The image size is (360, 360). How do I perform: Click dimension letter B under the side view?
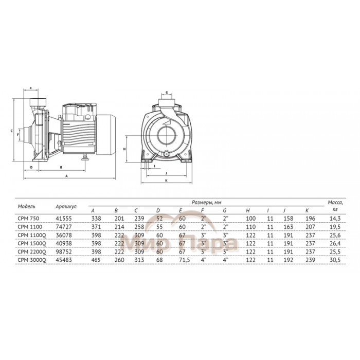tap(61, 168)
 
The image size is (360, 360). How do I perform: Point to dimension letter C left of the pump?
tap(11, 131)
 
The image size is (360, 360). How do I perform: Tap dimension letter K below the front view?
tap(166, 181)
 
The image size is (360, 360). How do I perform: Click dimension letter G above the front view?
tap(167, 93)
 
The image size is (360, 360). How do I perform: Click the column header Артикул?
tap(66, 207)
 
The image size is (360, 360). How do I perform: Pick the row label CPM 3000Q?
tap(31, 260)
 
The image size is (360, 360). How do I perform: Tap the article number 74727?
tap(63, 226)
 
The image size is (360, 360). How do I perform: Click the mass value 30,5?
tap(335, 260)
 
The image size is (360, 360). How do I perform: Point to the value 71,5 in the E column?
tap(183, 260)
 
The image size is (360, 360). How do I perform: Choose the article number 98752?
tap(63, 252)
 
